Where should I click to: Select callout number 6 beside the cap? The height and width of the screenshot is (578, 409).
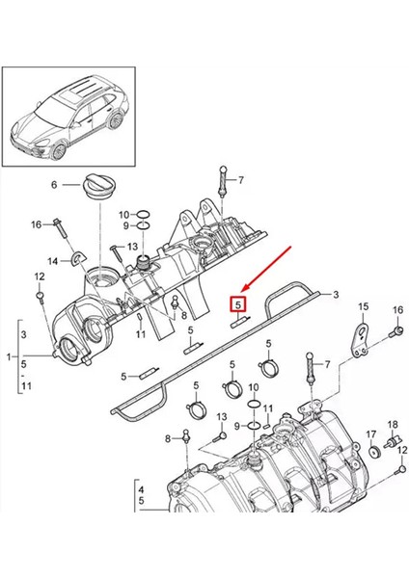[54, 184]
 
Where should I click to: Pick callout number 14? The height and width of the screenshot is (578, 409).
[54, 261]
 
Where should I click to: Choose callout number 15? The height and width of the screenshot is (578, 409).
[364, 306]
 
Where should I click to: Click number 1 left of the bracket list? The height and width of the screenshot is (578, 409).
[10, 356]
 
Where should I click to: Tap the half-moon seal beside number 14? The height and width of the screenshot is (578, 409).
[78, 257]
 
